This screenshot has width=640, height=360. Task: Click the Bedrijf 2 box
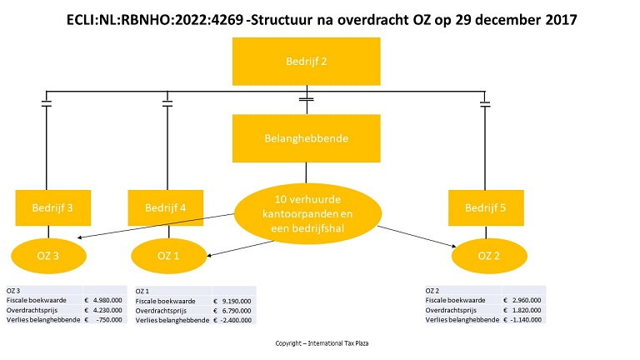tap(306, 61)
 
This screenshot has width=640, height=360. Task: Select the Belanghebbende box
tap(306, 138)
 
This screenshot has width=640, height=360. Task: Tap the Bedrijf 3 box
tap(53, 207)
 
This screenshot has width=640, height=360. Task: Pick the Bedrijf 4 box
tap(165, 207)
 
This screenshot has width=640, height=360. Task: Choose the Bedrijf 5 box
tap(486, 207)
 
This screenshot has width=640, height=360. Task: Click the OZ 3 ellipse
tap(48, 256)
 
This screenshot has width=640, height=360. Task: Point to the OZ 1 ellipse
tap(168, 256)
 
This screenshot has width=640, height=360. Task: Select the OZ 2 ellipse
tap(489, 256)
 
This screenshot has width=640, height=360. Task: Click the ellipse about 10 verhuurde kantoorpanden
tap(307, 214)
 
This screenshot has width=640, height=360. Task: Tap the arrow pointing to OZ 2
tap(417, 237)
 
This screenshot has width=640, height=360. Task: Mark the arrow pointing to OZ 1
tap(240, 248)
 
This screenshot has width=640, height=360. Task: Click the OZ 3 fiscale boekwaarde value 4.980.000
tap(107, 300)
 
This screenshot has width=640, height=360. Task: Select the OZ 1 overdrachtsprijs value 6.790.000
tap(237, 311)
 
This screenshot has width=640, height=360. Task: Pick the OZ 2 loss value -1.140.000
tap(526, 320)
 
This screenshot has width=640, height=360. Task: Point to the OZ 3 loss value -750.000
tap(109, 320)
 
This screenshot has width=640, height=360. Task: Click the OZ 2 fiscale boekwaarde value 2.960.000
tap(527, 300)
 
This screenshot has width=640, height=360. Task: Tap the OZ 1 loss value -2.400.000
tap(236, 320)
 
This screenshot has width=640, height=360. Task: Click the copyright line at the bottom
tap(322, 343)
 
